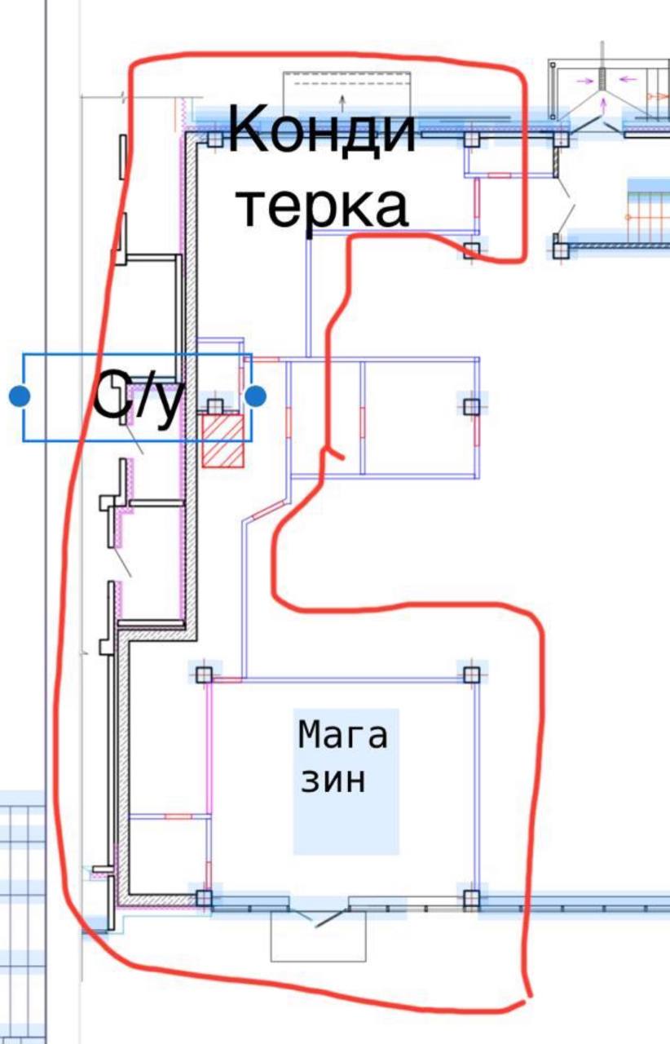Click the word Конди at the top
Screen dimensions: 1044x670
(x=322, y=130)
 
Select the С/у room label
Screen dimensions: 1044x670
(x=135, y=397)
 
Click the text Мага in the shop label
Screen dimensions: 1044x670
(x=342, y=735)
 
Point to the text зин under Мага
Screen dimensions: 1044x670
(x=333, y=781)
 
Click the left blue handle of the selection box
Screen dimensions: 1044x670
(x=20, y=397)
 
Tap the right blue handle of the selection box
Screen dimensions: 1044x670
(x=255, y=397)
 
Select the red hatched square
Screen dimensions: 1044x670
(x=223, y=441)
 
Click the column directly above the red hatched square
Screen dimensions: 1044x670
(x=215, y=406)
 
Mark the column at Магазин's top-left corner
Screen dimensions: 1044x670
(x=203, y=674)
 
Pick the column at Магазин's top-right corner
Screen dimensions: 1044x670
(x=471, y=674)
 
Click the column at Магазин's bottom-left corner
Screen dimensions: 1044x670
(x=203, y=899)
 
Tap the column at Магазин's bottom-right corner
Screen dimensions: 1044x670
(x=471, y=899)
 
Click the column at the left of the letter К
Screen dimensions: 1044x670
(x=214, y=139)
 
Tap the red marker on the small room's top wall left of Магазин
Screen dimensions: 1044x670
(x=177, y=816)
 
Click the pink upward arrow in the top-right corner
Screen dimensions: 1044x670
(x=603, y=102)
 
